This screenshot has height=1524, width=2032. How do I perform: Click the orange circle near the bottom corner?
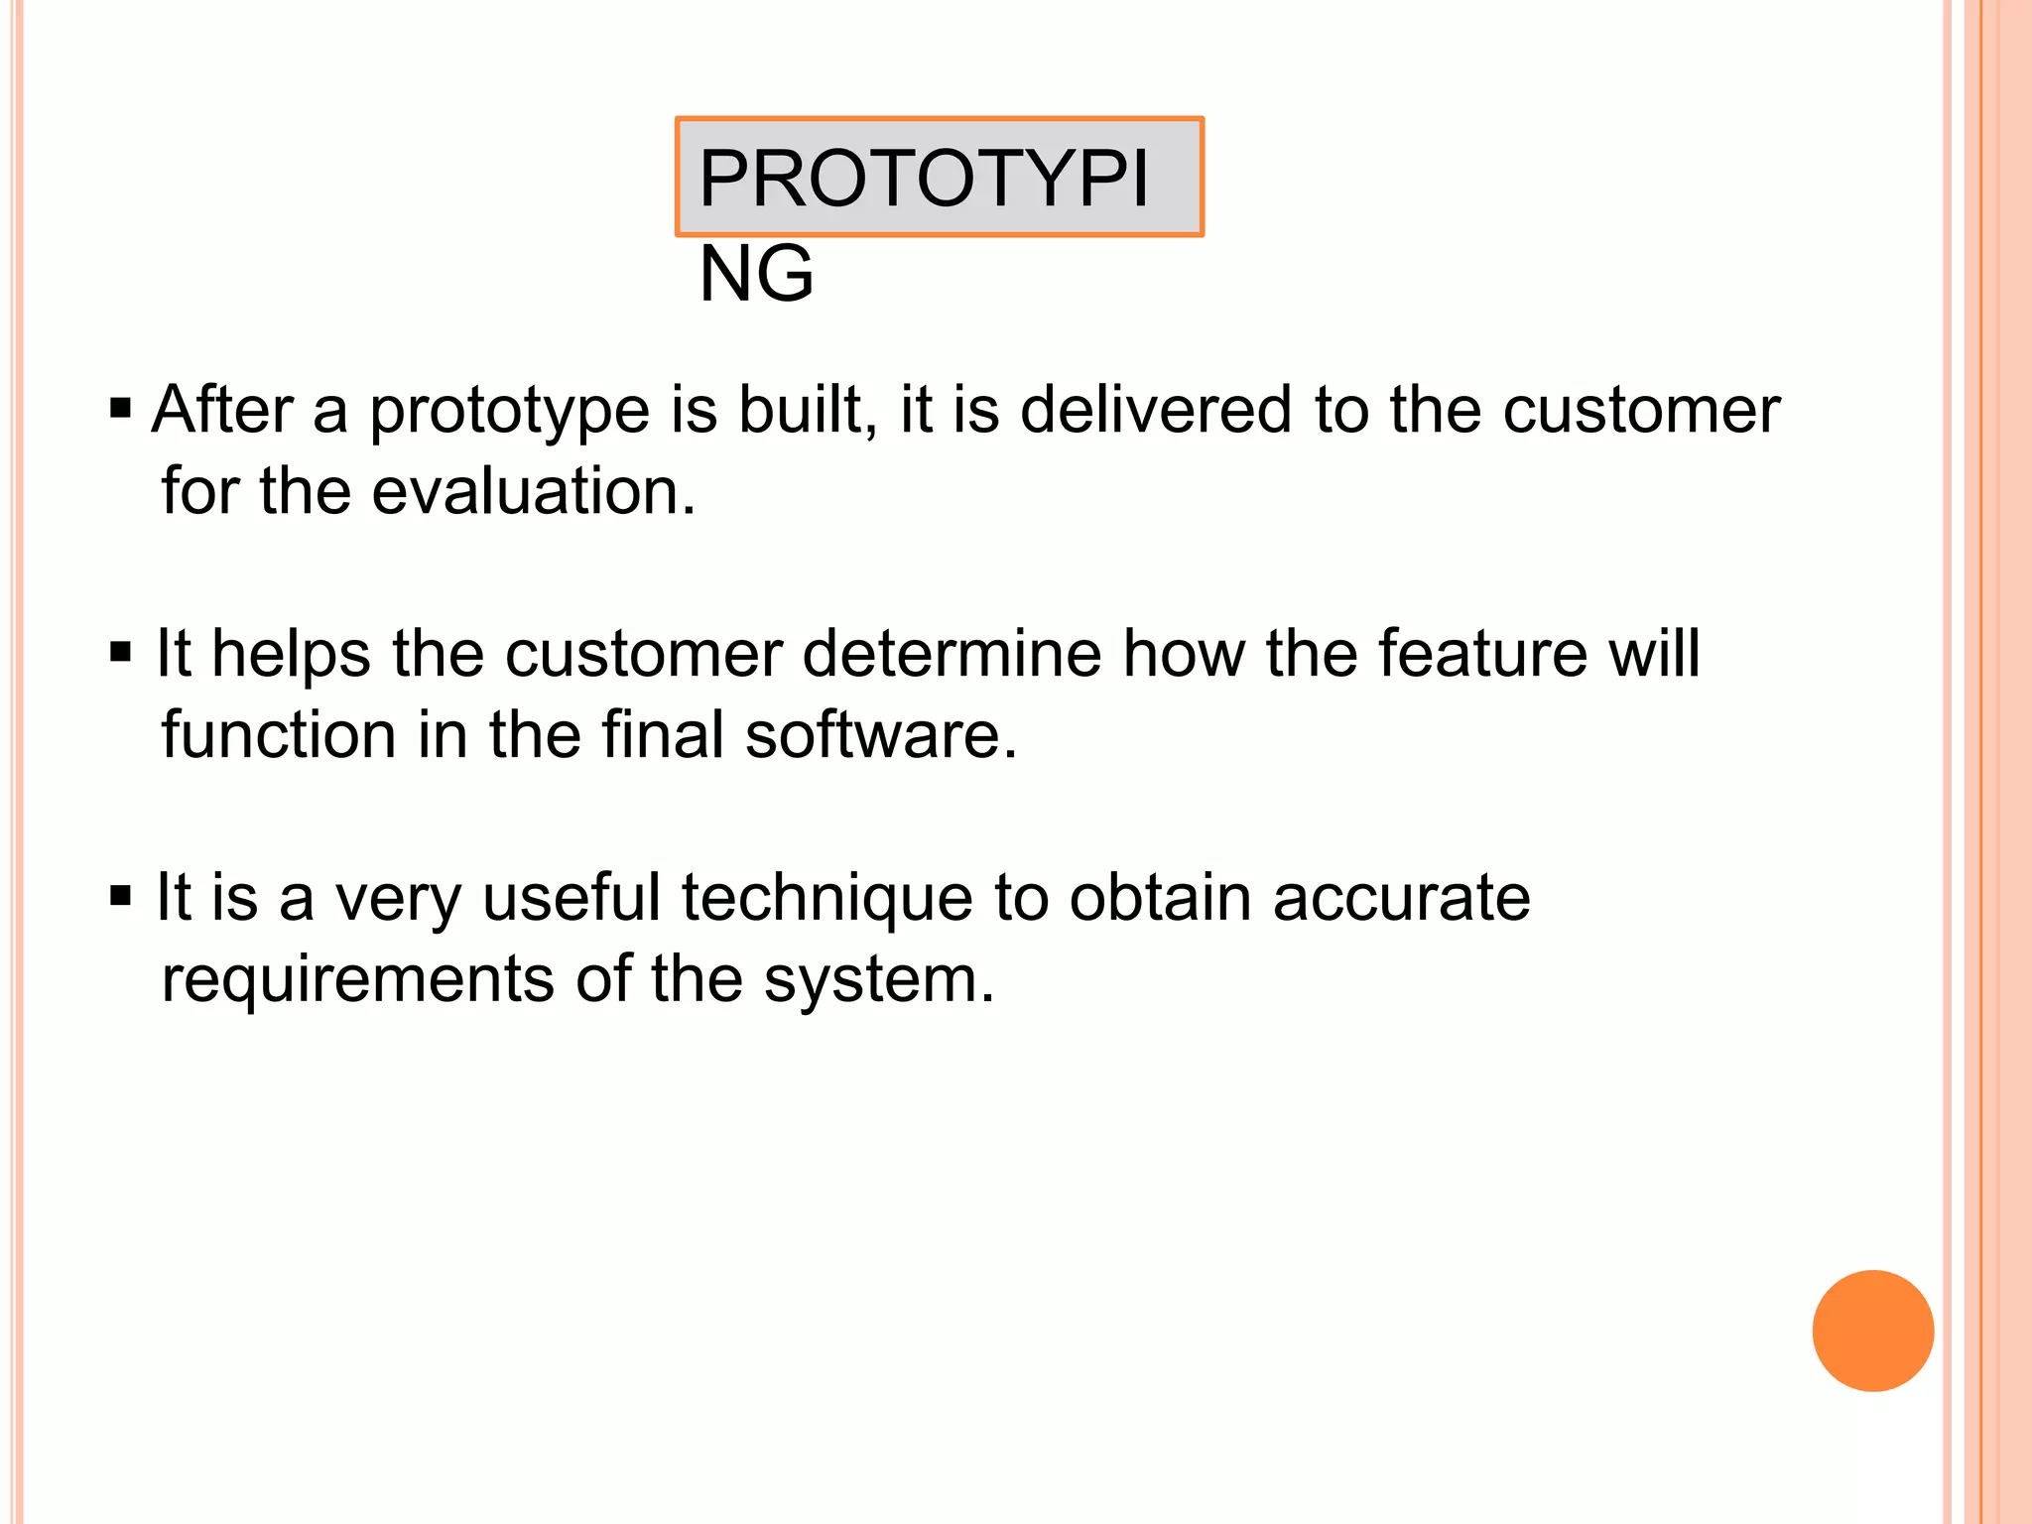[x=1872, y=1331]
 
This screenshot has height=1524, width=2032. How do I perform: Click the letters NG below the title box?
[x=756, y=275]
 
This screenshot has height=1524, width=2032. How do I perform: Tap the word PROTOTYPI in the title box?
[x=923, y=179]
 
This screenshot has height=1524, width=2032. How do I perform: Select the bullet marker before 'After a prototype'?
[x=121, y=409]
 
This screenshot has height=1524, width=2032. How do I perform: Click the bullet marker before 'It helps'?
[x=121, y=653]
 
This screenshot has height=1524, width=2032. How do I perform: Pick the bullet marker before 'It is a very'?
[x=121, y=897]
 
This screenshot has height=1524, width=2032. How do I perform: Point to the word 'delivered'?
[x=1156, y=410]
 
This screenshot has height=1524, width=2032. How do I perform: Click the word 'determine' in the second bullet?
[x=951, y=654]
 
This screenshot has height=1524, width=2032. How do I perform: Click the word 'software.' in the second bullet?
[x=881, y=735]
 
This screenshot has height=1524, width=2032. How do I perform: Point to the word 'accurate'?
[x=1401, y=898]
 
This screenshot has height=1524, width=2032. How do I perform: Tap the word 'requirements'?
[x=357, y=981]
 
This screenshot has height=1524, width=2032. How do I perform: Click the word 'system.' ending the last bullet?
[x=878, y=981]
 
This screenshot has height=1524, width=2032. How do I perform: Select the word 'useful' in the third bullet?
[x=571, y=898]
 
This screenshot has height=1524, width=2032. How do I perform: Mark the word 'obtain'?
[x=1160, y=898]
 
